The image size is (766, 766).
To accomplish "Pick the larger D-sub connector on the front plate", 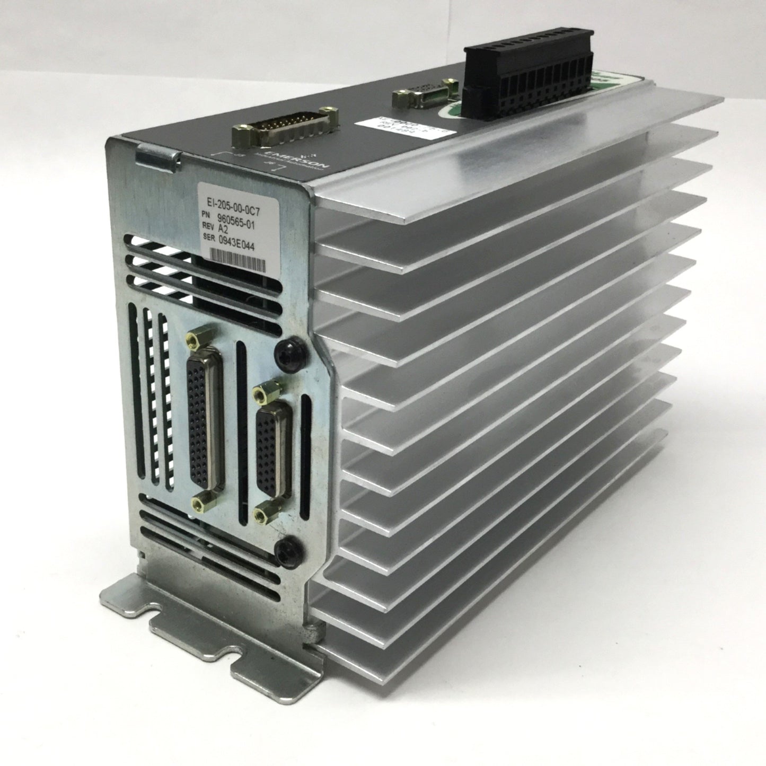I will coord(206,420).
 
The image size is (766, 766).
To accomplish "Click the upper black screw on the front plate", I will coord(286,351).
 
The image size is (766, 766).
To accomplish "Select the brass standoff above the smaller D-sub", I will coord(260,393).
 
